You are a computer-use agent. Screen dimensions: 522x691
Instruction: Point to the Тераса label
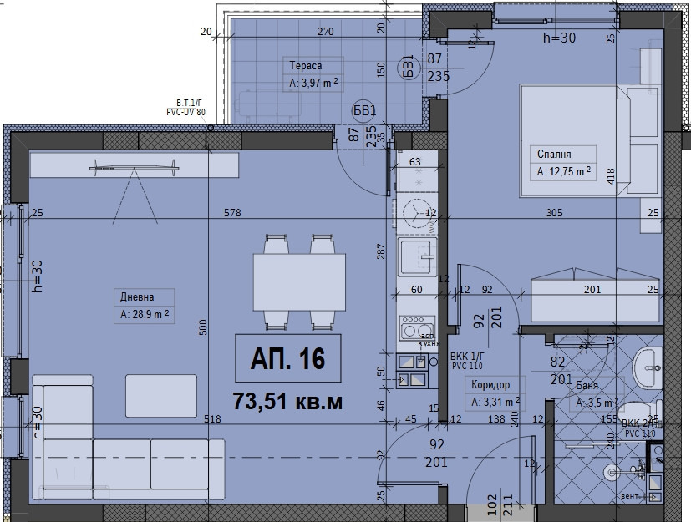pyautogui.click(x=305, y=65)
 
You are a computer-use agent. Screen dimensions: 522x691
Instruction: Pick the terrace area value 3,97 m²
pyautogui.click(x=313, y=84)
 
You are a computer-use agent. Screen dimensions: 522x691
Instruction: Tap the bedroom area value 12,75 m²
pyautogui.click(x=564, y=172)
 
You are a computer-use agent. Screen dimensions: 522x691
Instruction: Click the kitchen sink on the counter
pyautogui.click(x=415, y=254)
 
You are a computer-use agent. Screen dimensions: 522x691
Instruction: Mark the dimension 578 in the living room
pyautogui.click(x=231, y=213)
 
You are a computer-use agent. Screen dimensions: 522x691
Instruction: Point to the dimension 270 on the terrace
pyautogui.click(x=325, y=33)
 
